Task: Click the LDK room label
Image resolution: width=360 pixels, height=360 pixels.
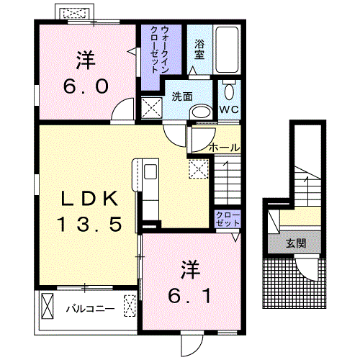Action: pyautogui.click(x=90, y=198)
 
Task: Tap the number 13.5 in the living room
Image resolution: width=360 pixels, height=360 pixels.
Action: pyautogui.click(x=89, y=224)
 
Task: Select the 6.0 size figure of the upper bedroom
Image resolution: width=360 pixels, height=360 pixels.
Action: pyautogui.click(x=86, y=86)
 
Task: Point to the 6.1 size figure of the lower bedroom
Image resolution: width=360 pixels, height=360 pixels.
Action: pyautogui.click(x=189, y=296)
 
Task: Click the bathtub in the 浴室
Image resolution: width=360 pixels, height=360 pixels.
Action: pyautogui.click(x=227, y=50)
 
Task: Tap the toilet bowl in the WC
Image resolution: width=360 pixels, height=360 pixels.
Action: pyautogui.click(x=230, y=91)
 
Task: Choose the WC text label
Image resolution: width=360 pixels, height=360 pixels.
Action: pyautogui.click(x=229, y=109)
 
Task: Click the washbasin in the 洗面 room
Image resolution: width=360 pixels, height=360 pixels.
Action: pyautogui.click(x=201, y=112)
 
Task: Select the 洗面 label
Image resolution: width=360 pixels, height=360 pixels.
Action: pyautogui.click(x=182, y=96)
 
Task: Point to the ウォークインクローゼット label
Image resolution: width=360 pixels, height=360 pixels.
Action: pyautogui.click(x=159, y=50)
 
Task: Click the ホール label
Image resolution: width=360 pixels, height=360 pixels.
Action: pyautogui.click(x=224, y=148)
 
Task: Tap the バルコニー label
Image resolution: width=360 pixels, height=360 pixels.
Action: pyautogui.click(x=90, y=309)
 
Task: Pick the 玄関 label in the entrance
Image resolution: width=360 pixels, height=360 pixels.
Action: pyautogui.click(x=296, y=243)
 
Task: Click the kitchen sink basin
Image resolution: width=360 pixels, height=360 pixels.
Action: pyautogui.click(x=150, y=171)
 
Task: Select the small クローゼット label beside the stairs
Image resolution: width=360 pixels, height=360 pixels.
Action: pyautogui.click(x=228, y=219)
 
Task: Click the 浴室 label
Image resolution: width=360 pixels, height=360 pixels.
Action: pyautogui.click(x=199, y=50)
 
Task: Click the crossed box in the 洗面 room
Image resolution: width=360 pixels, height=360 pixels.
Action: pyautogui.click(x=151, y=107)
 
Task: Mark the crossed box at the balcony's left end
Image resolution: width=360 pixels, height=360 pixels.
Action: pyautogui.click(x=48, y=305)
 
